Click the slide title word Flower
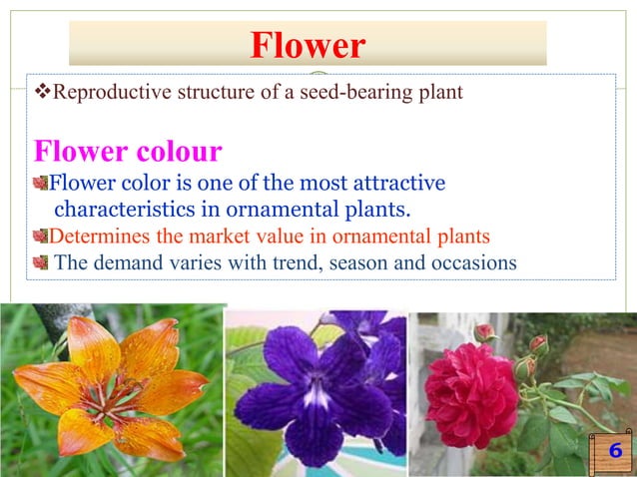click(x=308, y=45)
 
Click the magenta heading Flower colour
click(x=128, y=152)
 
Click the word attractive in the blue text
click(x=394, y=184)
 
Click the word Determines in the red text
click(x=97, y=237)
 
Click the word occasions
click(x=475, y=263)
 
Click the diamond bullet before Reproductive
click(x=41, y=94)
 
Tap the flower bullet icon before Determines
click(x=40, y=237)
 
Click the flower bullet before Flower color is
click(x=40, y=184)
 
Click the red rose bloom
click(x=470, y=393)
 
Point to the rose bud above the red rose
click(x=485, y=331)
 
